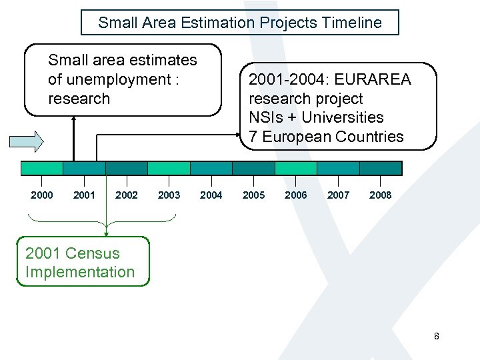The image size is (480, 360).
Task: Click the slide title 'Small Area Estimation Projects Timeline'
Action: [240, 23]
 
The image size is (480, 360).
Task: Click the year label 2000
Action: [42, 195]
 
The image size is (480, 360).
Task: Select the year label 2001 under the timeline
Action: [84, 195]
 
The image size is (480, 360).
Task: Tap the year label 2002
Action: [127, 195]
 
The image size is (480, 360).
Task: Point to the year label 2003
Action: [169, 195]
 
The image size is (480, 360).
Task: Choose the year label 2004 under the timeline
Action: [211, 195]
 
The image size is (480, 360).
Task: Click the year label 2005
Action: [253, 195]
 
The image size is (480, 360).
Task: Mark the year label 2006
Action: [296, 195]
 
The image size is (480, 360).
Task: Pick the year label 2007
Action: [338, 195]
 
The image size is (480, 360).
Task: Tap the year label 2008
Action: [381, 195]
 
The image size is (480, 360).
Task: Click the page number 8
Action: [436, 336]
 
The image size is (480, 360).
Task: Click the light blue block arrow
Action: [26, 141]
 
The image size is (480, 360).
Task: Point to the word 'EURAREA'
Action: [373, 80]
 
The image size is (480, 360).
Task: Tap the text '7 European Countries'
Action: [326, 137]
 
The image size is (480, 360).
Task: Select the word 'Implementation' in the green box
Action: [80, 272]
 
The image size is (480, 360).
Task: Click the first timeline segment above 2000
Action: [42, 168]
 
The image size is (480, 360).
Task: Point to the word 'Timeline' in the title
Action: [355, 23]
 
